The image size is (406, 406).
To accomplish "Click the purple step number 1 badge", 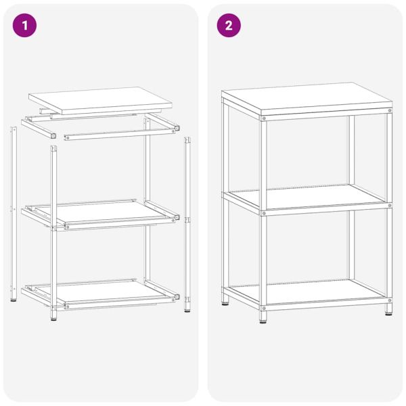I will pyautogui.click(x=25, y=26).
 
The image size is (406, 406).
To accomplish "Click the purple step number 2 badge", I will pyautogui.click(x=228, y=26).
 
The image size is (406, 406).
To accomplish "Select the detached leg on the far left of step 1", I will pyautogui.click(x=13, y=210).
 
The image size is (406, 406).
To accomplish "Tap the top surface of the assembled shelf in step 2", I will pyautogui.click(x=306, y=98).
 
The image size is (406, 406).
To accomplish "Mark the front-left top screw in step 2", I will pyautogui.click(x=264, y=118).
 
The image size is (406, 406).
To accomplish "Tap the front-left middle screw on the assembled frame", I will pyautogui.click(x=264, y=212).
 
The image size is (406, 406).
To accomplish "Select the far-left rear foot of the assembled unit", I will pyautogui.click(x=225, y=300).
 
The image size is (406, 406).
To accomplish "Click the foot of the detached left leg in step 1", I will pyautogui.click(x=13, y=298).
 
